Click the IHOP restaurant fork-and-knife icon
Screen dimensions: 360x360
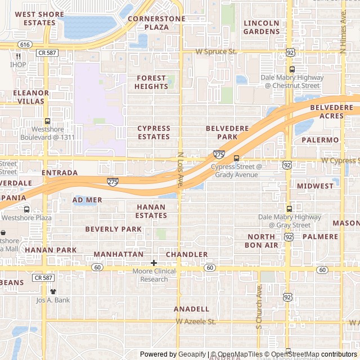point(19,56)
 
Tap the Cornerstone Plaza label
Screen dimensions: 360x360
point(156,22)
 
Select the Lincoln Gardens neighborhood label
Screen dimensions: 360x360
point(262,27)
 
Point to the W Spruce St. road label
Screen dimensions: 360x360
point(217,52)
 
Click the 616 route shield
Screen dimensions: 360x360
point(24,44)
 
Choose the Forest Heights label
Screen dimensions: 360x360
point(151,83)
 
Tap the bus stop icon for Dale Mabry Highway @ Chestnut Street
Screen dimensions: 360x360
point(292,70)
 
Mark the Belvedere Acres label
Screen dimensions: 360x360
point(327,111)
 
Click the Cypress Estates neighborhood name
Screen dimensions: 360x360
point(154,133)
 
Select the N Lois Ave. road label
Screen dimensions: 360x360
point(181,169)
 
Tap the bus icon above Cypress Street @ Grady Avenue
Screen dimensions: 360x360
point(236,158)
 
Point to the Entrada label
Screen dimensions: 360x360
point(60,173)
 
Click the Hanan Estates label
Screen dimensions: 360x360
point(151,211)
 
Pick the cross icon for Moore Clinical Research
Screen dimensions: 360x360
point(154,263)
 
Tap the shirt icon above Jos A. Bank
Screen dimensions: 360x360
point(53,291)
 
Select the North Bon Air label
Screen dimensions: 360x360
point(262,241)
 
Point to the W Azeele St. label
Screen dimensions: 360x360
point(196,322)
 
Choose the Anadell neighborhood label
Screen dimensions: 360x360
point(191,309)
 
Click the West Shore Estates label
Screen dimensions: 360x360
point(35,19)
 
